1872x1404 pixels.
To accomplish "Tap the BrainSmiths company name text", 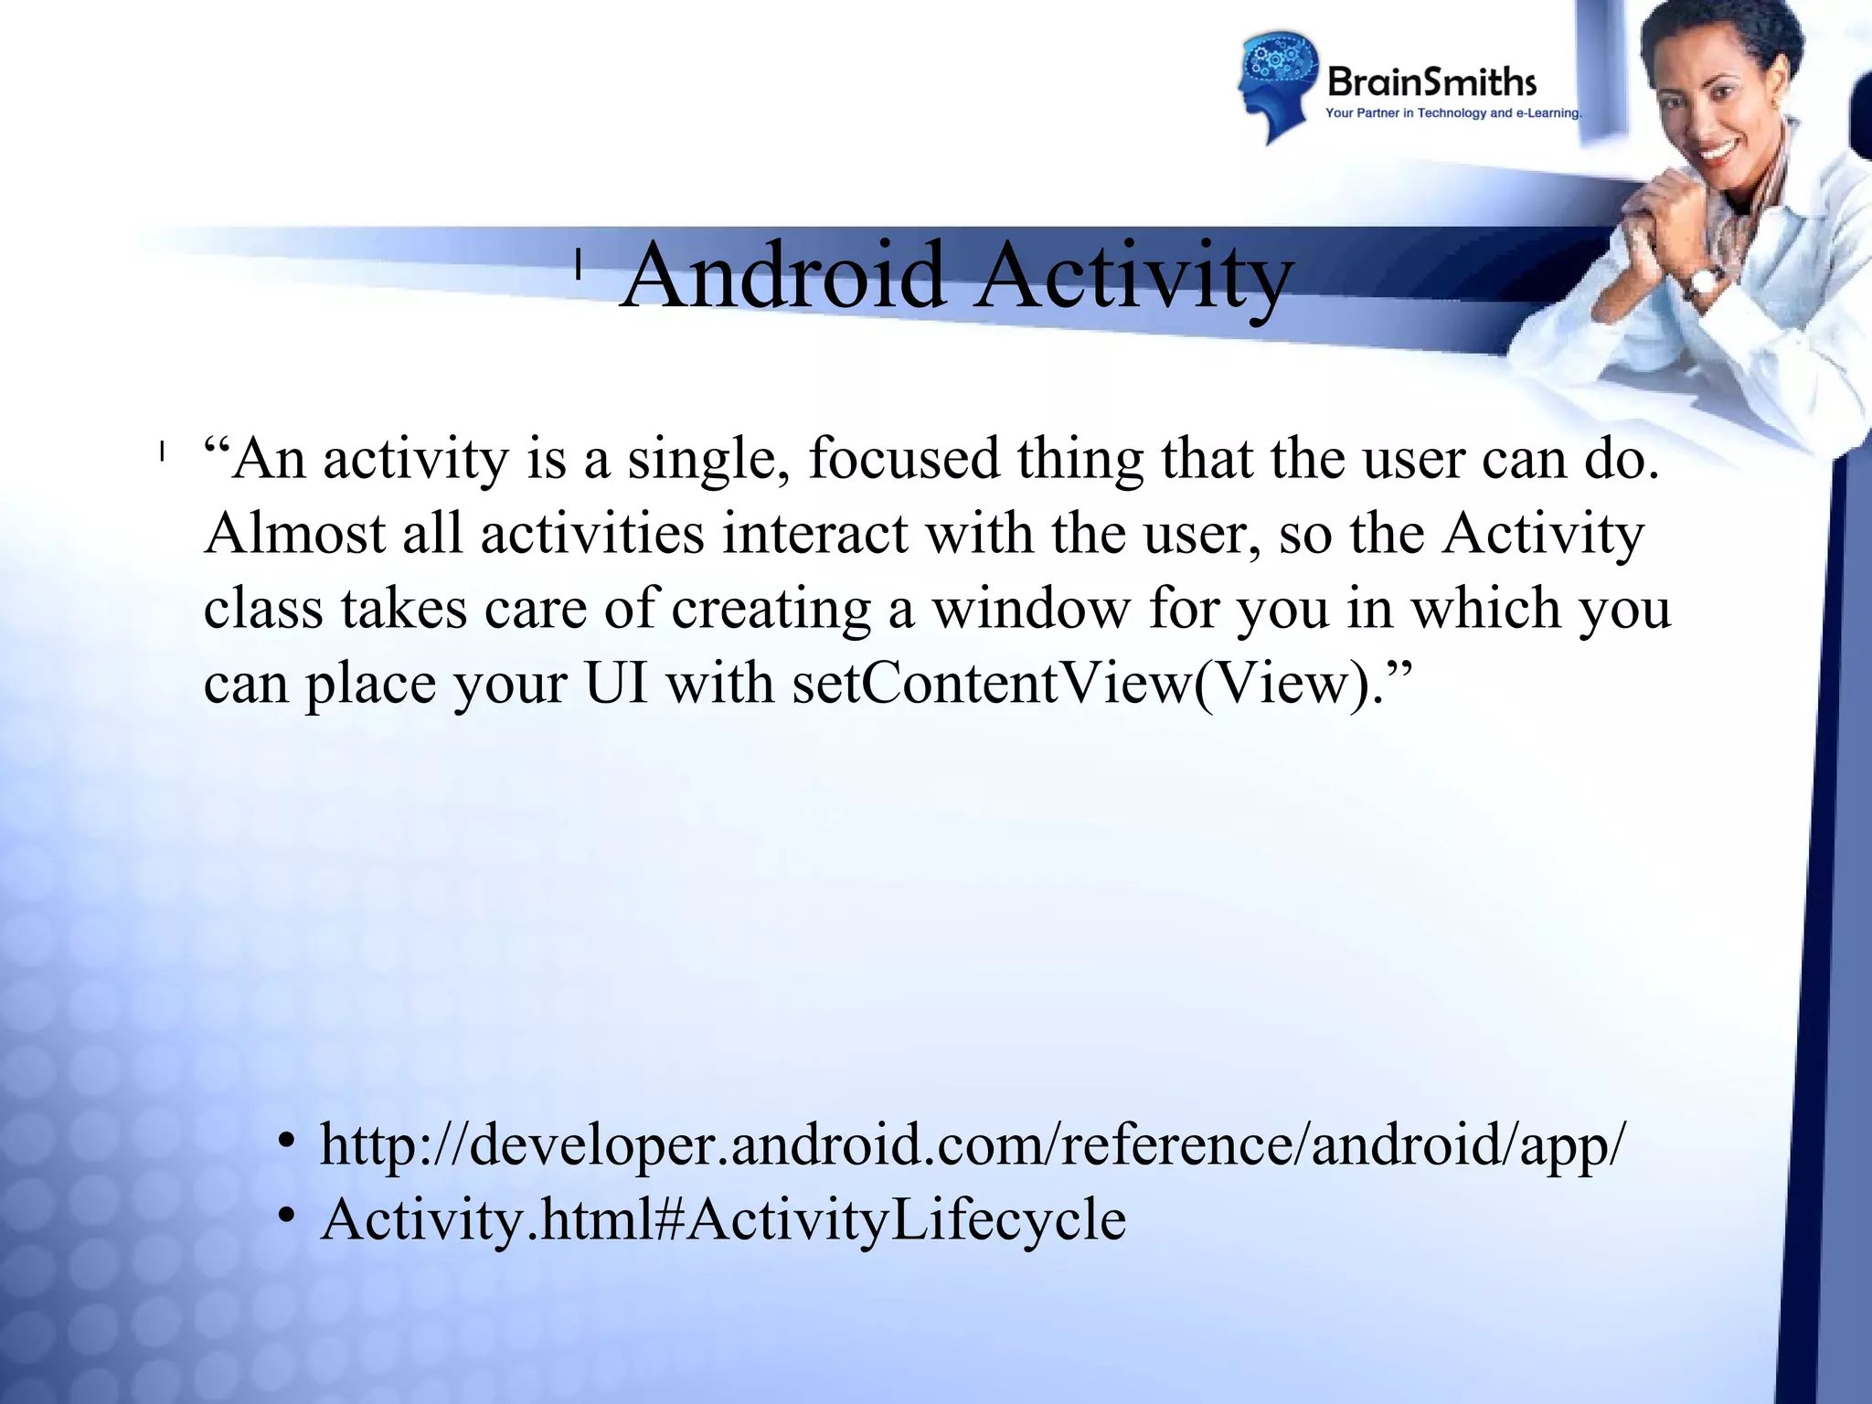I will coord(1431,82).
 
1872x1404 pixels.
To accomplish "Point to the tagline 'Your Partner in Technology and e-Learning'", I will coord(1452,113).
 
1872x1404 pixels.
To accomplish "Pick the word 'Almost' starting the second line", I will coord(294,534).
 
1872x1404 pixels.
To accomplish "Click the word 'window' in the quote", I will coord(1030,609).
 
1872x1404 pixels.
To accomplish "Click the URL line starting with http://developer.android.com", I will coord(973,1144).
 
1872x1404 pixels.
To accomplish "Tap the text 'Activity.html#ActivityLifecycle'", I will coord(723,1219).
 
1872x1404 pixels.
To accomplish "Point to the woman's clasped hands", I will coord(1664,219).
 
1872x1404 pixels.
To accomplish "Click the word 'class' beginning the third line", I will coord(263,609).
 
